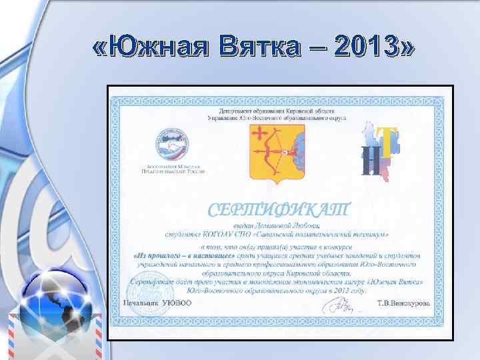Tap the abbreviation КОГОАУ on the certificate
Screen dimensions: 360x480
[214, 234]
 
